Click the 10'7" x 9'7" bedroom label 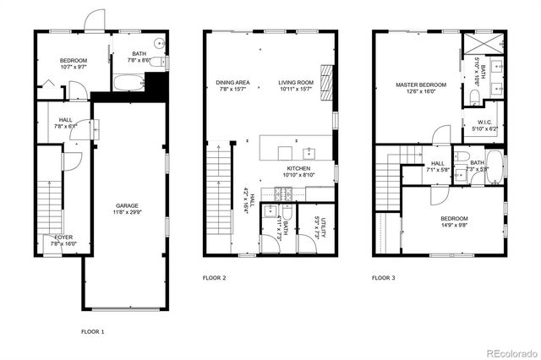(x=73, y=63)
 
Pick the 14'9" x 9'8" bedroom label (x=453, y=222)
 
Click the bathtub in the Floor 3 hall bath (x=494, y=166)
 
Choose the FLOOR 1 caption (x=92, y=331)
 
